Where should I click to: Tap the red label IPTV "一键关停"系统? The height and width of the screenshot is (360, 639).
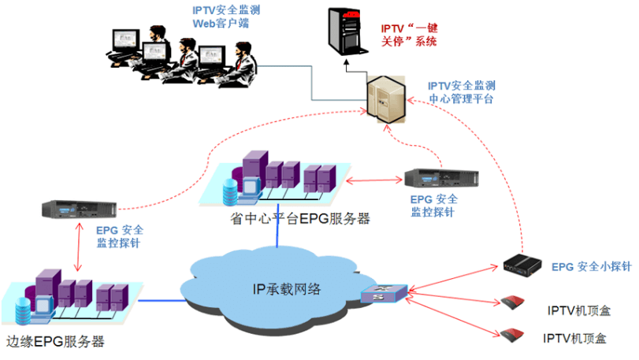408,35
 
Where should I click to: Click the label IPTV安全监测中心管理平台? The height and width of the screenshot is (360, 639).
461,92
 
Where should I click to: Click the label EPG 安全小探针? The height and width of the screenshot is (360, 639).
591,267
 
